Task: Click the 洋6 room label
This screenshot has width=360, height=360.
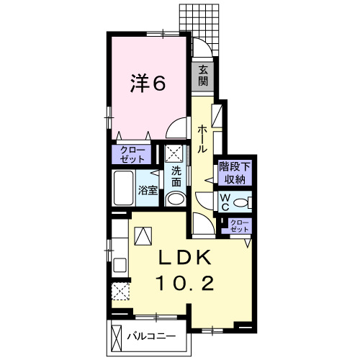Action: click(148, 84)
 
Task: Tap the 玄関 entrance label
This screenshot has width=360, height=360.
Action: click(204, 74)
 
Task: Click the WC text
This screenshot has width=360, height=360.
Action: click(224, 201)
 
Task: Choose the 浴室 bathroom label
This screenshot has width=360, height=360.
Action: click(148, 191)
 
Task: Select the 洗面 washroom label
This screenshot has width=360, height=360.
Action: click(175, 176)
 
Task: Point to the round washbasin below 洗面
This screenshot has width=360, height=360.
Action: click(175, 199)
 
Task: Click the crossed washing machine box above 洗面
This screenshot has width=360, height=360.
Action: click(175, 153)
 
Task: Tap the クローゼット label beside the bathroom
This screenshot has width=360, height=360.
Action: click(130, 154)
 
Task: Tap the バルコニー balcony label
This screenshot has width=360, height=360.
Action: click(151, 336)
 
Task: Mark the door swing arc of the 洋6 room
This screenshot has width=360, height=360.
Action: click(174, 130)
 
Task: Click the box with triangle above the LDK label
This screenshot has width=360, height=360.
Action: click(143, 235)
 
